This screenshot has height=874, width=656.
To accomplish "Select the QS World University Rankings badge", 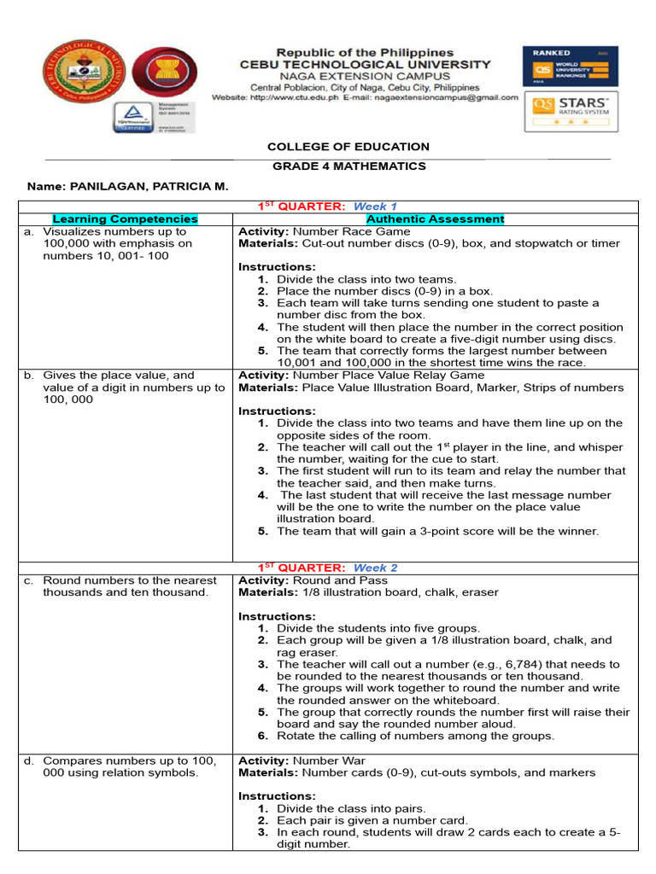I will [x=570, y=66].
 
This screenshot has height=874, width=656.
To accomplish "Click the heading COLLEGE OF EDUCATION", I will [x=348, y=148].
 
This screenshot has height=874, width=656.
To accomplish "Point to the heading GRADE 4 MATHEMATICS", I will [x=348, y=166].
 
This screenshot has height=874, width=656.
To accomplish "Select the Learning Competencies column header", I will [x=125, y=219].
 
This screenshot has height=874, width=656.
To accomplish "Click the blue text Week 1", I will [x=376, y=207].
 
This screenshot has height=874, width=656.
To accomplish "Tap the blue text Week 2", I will [x=376, y=568].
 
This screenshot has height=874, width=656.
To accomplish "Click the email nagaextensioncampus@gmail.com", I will [x=449, y=97].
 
